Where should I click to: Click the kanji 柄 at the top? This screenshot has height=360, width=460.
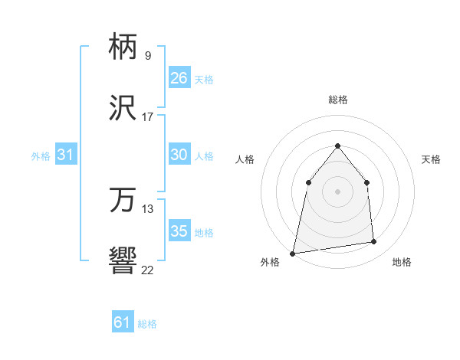point(123,47)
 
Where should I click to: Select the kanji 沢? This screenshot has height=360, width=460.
point(123,109)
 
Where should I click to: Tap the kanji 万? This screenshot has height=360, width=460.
point(123,201)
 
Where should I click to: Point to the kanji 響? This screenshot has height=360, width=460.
point(123,262)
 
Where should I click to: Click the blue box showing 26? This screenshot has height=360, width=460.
point(179,77)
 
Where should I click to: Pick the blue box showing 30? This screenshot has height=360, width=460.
point(179,155)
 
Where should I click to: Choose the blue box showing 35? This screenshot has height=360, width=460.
point(179,231)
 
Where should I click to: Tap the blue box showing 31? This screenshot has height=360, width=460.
point(65,155)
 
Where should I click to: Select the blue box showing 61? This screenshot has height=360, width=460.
point(122,322)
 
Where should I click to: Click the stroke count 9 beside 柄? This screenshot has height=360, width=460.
point(147,56)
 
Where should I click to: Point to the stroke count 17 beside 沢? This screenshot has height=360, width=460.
point(147,117)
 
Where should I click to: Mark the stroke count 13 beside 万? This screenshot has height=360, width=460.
point(147,209)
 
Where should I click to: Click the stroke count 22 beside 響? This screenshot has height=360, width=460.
point(147,270)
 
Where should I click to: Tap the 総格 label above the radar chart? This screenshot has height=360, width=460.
point(338,100)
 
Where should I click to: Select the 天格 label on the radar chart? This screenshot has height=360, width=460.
point(431,159)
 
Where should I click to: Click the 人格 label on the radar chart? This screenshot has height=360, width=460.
point(245,159)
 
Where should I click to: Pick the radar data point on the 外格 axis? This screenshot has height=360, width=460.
point(293,253)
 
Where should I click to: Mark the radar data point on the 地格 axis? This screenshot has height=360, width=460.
point(374,242)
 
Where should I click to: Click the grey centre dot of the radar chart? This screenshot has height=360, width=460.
point(338,191)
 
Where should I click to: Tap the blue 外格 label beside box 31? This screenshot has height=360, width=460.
point(41,155)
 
